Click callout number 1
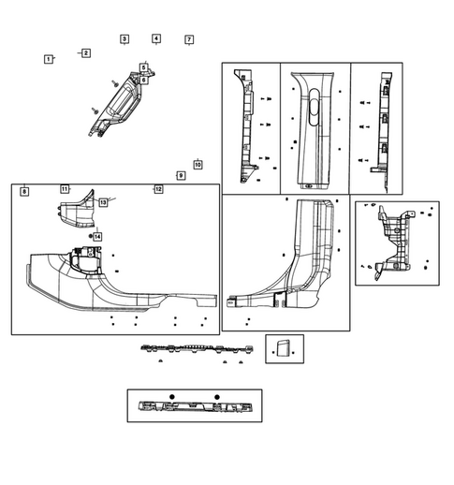[x=48, y=59]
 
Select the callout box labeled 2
[x=85, y=53]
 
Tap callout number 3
[x=124, y=39]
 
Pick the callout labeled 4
[x=156, y=39]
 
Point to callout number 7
[x=188, y=40]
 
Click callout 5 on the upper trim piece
[x=143, y=67]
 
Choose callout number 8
[x=23, y=191]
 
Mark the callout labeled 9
[x=181, y=176]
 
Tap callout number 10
[x=198, y=165]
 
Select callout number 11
[x=65, y=189]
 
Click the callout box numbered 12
[x=158, y=189]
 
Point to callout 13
[x=103, y=202]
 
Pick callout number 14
[x=96, y=237]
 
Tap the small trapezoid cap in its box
[x=279, y=349]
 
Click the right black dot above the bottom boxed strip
[x=216, y=397]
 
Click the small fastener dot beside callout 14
[x=90, y=236]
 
